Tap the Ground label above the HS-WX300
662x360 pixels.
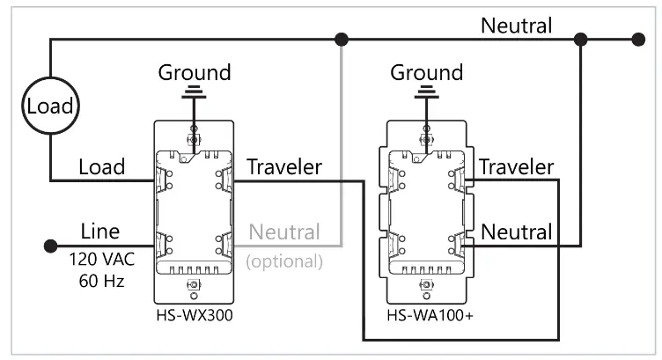[194, 71]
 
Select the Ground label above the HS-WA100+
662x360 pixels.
[426, 71]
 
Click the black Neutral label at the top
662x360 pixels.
[516, 26]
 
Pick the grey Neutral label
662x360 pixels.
[286, 232]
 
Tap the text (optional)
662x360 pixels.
[284, 261]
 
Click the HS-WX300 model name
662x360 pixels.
[193, 315]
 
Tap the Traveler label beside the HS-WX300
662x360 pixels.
[284, 166]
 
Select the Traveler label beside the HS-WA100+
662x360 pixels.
[516, 166]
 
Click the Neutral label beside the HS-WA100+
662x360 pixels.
[516, 232]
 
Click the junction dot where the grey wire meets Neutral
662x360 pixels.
[342, 39]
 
